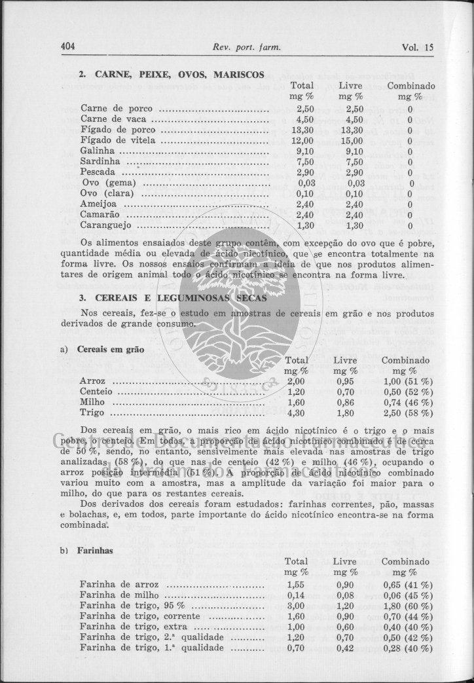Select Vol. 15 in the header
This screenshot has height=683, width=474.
pos(418,46)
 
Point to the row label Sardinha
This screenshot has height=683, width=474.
pos(100,161)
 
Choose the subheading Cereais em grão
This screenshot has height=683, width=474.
pos(111,349)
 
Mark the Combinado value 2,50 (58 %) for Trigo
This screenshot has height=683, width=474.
pos(407,413)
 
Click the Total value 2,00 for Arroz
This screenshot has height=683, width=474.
pos(296,381)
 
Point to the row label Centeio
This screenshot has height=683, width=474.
pos(96,392)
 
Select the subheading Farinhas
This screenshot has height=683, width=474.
pos(96,551)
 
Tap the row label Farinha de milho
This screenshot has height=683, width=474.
pos(120,595)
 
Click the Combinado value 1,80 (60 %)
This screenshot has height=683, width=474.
pos(407,606)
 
